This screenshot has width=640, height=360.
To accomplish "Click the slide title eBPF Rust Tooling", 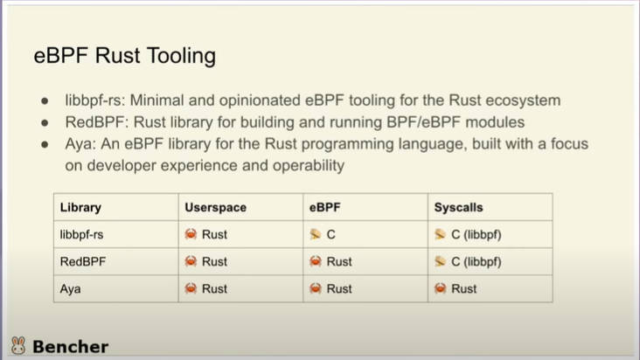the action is (124, 55).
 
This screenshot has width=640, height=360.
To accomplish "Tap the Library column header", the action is (80, 207).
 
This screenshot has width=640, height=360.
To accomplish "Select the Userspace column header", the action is (215, 207).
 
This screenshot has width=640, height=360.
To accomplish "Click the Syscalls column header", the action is (458, 207).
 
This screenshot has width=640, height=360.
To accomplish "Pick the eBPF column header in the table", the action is (324, 207).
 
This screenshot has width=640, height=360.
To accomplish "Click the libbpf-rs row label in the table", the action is (81, 234).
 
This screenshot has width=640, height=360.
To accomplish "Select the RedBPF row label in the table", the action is (83, 261).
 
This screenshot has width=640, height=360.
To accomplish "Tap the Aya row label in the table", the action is (70, 289).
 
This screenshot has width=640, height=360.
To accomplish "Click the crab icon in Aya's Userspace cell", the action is (191, 288).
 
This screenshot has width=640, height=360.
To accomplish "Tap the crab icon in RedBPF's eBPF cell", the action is (316, 261).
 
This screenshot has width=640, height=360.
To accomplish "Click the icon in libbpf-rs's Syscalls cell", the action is (440, 234).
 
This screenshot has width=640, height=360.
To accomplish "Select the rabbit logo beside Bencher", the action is (18, 345).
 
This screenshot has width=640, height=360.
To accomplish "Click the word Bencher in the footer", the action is (71, 347).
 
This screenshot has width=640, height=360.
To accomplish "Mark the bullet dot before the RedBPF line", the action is (45, 122).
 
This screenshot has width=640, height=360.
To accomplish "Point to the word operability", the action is (309, 166).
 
